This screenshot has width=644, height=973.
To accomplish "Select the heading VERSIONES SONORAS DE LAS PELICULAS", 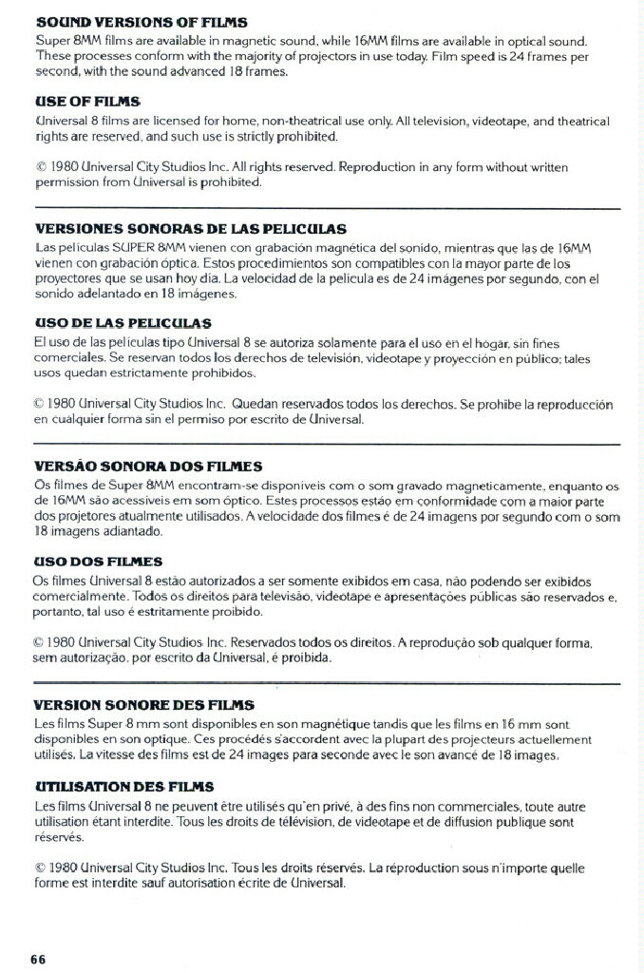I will tap(190, 229).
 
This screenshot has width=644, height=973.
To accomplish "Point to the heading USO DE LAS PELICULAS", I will tap(123, 324).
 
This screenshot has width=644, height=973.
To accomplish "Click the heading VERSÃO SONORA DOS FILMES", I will tap(147, 466).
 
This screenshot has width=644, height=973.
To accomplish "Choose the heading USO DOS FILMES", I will tap(98, 562).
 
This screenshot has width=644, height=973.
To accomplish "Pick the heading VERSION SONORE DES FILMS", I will tap(143, 705).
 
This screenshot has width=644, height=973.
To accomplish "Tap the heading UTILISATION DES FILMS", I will tap(123, 787).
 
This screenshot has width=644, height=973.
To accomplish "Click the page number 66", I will tap(38, 957).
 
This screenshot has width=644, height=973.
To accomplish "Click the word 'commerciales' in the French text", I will tap(493, 806).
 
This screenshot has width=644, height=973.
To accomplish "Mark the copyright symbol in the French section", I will tap(39, 868).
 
